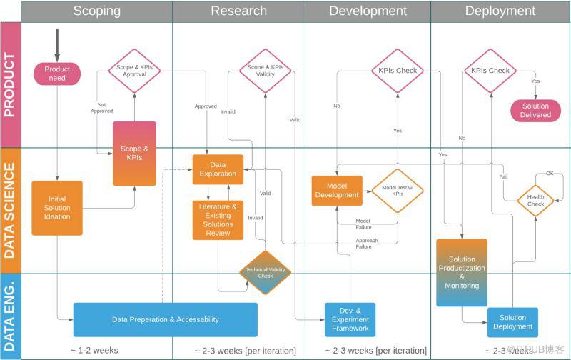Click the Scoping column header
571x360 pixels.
96,11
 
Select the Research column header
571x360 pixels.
238,11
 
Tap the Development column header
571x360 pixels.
368,11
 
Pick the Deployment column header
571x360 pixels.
500,11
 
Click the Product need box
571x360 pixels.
57,74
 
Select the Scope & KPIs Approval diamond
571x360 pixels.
135,71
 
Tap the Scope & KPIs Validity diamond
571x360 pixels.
265,71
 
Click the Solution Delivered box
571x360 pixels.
535,111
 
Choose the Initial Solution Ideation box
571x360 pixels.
57,208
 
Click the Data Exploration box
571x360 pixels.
218,169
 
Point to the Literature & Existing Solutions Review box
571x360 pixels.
218,219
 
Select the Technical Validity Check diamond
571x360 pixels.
265,273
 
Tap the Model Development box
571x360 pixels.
337,191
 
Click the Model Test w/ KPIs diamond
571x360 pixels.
398,191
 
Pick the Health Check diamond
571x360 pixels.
535,201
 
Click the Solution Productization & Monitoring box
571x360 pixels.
462,272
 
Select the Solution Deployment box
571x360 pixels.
512,322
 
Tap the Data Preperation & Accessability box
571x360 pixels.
165,319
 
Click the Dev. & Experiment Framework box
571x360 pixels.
350,319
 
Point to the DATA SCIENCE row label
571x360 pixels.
10,210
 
